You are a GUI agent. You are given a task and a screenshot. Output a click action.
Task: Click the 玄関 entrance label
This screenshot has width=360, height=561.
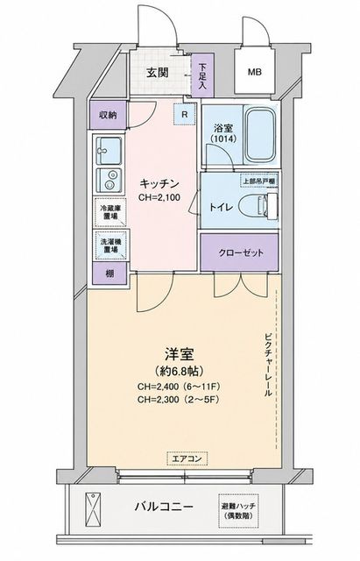(x=158, y=73)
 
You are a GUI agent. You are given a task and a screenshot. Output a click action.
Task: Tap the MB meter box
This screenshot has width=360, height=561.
(x=255, y=72)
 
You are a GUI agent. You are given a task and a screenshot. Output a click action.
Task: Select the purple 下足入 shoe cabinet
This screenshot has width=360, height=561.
(x=202, y=75)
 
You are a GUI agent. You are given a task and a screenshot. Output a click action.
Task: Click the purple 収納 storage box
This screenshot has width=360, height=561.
(x=108, y=115)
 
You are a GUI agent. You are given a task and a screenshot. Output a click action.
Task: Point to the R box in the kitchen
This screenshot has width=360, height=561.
(x=185, y=115)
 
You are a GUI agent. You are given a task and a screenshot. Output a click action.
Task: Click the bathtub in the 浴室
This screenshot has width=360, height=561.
(x=261, y=135)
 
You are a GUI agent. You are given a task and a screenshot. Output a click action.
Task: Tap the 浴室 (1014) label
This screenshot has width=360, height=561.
(x=223, y=133)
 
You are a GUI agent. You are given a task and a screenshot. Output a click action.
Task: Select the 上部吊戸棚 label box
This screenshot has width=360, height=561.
(x=259, y=181)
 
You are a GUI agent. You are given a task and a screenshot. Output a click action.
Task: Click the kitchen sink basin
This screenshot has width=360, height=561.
(x=109, y=150)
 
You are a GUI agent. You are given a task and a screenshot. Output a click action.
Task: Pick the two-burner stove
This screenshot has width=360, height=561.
(x=109, y=180)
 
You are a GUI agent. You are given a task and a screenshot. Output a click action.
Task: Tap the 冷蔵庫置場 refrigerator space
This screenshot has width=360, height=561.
(x=110, y=212)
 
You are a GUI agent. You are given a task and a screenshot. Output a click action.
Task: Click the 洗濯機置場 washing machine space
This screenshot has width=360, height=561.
(x=110, y=245)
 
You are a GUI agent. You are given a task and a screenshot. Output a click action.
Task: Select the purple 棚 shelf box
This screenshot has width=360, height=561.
(x=109, y=273)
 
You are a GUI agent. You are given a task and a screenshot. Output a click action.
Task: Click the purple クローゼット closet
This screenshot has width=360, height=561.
(x=239, y=252)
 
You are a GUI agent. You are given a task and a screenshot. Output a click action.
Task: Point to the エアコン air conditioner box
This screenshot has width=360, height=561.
(x=187, y=458)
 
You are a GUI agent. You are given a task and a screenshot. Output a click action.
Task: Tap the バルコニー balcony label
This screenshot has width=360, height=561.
(x=164, y=507)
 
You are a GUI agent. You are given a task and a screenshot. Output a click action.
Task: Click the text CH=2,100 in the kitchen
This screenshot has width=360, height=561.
(x=159, y=196)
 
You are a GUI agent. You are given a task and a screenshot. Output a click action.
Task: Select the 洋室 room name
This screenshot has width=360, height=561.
(x=179, y=354)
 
